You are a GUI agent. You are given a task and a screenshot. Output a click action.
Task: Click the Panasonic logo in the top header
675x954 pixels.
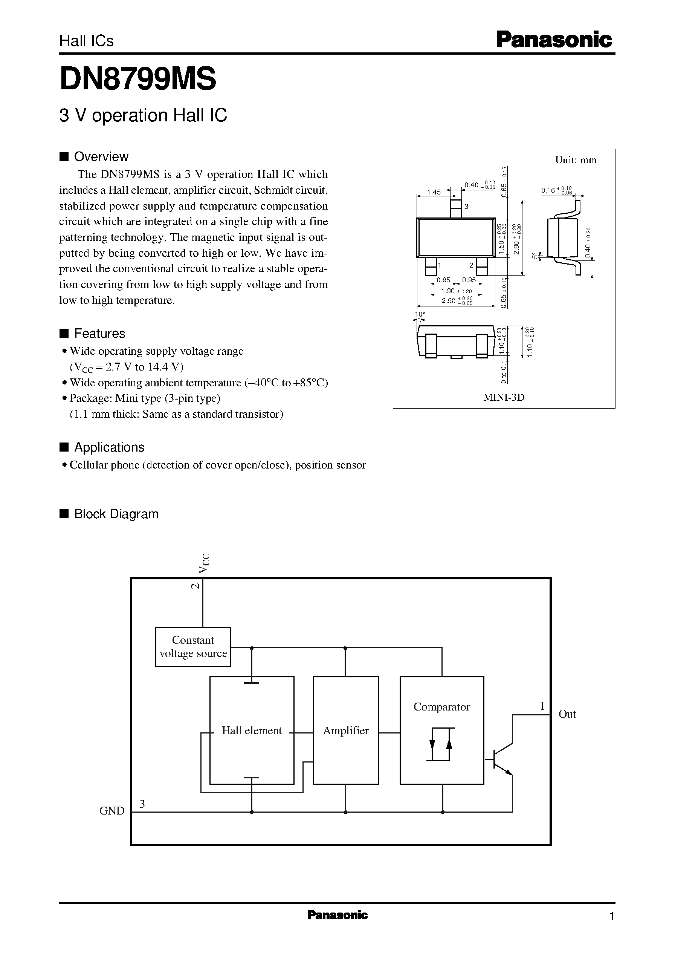click(x=554, y=40)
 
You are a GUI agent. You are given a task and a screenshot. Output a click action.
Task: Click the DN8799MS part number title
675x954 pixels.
click(x=137, y=80)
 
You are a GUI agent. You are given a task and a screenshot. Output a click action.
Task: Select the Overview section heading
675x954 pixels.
click(x=101, y=157)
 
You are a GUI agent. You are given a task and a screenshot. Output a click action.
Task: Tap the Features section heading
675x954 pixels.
click(x=99, y=334)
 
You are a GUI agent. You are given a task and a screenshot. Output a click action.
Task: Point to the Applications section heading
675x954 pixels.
click(x=109, y=447)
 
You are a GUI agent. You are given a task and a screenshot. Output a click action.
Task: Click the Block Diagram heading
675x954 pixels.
click(x=116, y=514)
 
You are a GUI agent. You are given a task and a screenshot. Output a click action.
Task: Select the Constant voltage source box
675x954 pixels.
click(x=193, y=647)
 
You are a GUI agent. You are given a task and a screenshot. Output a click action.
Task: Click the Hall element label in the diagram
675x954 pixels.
click(x=252, y=731)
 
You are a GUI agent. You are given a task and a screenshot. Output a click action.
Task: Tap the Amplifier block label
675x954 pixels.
click(x=345, y=731)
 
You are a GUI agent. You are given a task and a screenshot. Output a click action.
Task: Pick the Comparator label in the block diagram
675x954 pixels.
click(x=441, y=707)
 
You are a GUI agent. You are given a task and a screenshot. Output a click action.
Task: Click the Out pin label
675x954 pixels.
click(x=567, y=714)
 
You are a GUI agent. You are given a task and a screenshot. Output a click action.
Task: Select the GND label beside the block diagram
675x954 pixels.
click(x=112, y=810)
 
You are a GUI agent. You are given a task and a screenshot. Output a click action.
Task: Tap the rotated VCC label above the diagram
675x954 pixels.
click(x=204, y=563)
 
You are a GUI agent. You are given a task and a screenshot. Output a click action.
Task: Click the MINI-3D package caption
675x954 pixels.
click(x=504, y=398)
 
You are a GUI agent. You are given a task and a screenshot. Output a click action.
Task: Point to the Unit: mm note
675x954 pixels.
click(x=576, y=160)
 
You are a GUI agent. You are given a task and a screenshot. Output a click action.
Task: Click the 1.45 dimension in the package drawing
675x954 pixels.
click(x=434, y=193)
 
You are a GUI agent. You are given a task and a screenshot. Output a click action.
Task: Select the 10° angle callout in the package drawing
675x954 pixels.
click(x=420, y=314)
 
